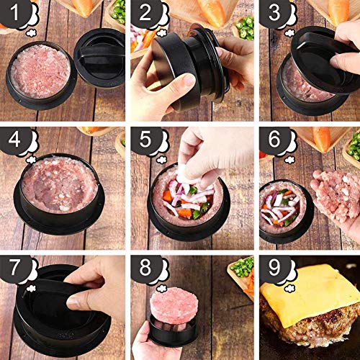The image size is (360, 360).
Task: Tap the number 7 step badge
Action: pos(14,267)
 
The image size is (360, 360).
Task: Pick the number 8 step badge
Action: pos(145,267)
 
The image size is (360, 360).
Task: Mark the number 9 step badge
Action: pos(274,267)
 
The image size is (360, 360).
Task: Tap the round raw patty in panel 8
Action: pos(174,302)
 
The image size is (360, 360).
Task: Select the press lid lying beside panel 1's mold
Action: pos(99,58)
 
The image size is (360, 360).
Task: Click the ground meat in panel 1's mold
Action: pos(41,71)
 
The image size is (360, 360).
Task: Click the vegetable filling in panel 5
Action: pos(187,200)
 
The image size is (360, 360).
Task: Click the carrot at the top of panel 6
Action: pos(321,138)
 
